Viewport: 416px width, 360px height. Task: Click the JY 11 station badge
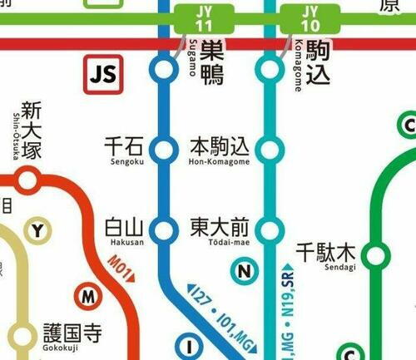pos(204,18)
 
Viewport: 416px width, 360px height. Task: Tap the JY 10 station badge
pos(310,18)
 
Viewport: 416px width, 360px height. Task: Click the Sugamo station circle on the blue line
pos(164,71)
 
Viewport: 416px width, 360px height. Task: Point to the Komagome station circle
pos(269,71)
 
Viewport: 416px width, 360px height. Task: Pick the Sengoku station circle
pos(164,150)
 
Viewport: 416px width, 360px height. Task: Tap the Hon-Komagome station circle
pos(269,150)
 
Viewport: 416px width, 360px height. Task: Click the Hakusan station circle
pos(164,229)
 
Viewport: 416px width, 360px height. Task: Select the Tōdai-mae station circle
pos(269,229)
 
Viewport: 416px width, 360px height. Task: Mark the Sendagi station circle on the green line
pos(376,255)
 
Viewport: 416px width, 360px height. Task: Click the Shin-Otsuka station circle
pos(28,179)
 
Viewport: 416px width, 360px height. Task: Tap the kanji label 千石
pos(124,146)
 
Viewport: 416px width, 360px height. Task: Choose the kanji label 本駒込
pos(220,146)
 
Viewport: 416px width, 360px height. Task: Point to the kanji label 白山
pos(124,226)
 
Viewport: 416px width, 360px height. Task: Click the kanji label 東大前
pos(220,226)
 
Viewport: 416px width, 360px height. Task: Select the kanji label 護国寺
pos(72,334)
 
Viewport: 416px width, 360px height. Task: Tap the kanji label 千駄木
pos(325,250)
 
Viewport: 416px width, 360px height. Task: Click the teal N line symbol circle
pos(244,271)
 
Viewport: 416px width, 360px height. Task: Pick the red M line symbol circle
pos(87,294)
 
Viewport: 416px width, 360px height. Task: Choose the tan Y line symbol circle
pos(37,231)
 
